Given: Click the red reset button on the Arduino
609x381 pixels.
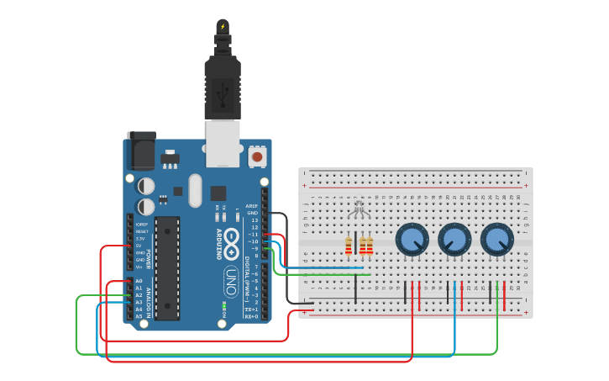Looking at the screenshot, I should (257, 156).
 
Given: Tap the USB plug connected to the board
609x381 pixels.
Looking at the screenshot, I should (223, 88).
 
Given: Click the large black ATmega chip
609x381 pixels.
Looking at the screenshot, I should (167, 267).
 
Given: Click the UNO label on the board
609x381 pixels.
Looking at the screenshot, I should (230, 278).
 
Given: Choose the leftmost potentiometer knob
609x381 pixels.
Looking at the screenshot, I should (412, 240).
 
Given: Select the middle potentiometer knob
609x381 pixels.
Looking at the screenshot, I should (454, 240).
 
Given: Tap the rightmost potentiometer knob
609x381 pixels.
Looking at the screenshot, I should (497, 240).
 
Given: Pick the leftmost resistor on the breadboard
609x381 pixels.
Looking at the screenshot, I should (349, 246).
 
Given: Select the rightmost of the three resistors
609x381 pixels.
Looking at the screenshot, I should (370, 246).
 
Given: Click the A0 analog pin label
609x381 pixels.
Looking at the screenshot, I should (139, 281).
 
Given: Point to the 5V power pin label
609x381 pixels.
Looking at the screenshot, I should (139, 246).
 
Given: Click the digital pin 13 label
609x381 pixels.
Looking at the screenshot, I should (254, 220).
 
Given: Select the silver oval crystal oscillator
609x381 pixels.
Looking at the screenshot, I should (196, 190).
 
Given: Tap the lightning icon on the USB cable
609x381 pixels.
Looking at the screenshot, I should (223, 26).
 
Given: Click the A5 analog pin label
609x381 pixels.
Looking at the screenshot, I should (139, 316).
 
